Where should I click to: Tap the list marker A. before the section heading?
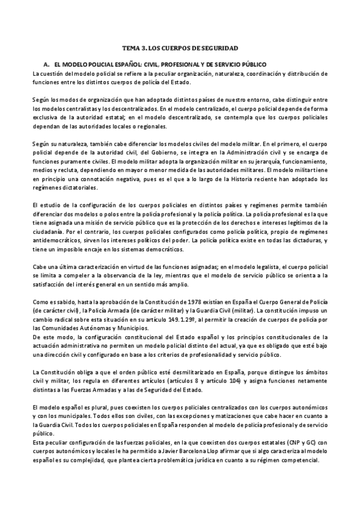click(47, 64)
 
